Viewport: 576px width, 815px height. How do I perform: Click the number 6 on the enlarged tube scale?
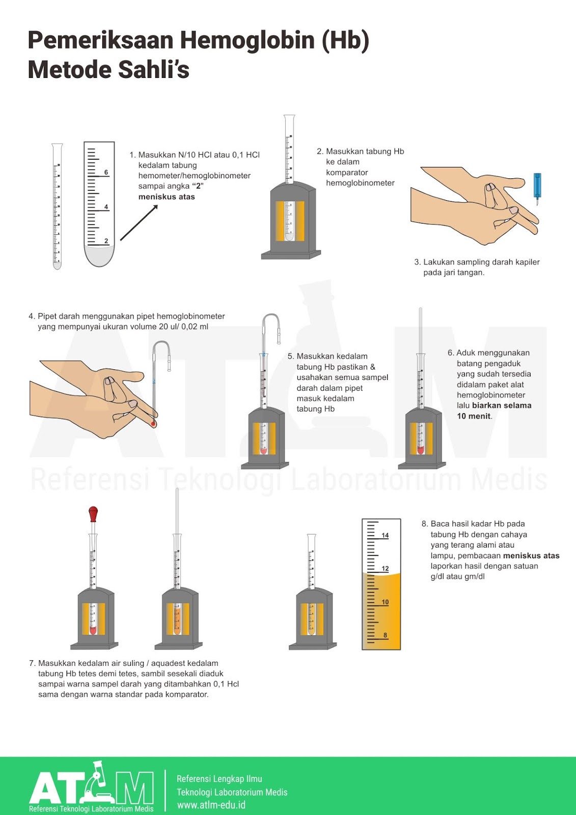(x=106, y=172)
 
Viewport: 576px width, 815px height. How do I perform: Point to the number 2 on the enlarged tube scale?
(x=106, y=241)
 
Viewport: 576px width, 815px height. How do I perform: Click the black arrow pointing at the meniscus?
(x=139, y=222)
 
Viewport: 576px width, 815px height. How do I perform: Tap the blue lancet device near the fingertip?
(x=537, y=186)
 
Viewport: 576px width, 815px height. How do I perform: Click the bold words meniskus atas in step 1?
(x=167, y=197)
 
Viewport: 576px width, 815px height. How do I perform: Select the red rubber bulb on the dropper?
(x=93, y=513)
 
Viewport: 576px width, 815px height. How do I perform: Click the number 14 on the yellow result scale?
(x=385, y=535)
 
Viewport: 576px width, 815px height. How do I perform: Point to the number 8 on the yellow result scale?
(x=385, y=635)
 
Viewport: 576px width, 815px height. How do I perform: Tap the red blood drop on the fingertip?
(x=153, y=423)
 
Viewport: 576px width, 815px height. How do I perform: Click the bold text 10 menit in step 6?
(x=474, y=416)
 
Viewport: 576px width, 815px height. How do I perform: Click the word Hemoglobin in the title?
(x=247, y=41)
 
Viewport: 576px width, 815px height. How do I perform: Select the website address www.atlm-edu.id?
(x=211, y=805)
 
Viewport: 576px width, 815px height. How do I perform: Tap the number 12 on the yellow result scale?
(x=385, y=568)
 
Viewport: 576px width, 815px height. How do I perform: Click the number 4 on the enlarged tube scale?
(x=106, y=207)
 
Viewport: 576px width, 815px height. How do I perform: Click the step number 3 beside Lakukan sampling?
(x=417, y=262)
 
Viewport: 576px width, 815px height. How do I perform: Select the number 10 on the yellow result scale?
(x=385, y=602)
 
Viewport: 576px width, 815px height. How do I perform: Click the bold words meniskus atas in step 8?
(x=531, y=556)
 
